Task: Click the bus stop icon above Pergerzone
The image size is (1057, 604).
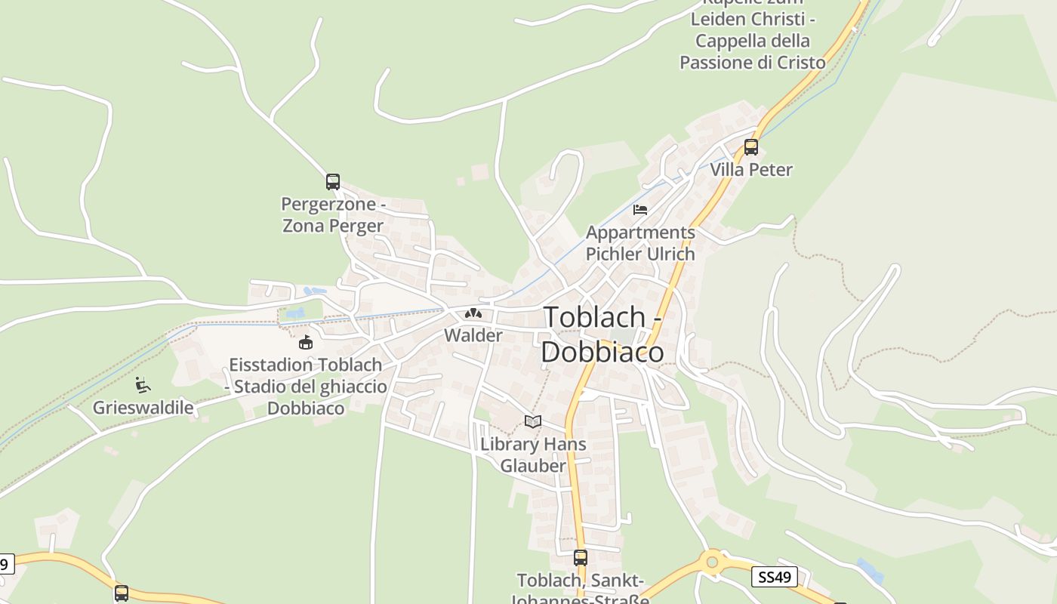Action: pos(333,181)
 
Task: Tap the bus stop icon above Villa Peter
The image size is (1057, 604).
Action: pos(750,146)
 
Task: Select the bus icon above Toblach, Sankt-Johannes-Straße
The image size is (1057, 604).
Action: pos(580,558)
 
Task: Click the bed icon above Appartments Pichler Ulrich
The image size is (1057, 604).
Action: pos(640,210)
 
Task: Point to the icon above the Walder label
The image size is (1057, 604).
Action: pos(473,313)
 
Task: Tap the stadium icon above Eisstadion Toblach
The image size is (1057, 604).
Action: pos(306,343)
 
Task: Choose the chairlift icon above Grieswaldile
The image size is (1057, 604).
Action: pos(142,385)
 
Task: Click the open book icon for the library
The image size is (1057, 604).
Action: pos(533,422)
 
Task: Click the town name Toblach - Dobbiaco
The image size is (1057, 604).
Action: pos(602,334)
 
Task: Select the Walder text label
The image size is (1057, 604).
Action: pos(473,335)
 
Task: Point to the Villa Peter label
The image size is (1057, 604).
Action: pos(751,169)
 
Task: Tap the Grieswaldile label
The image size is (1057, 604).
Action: pos(143,408)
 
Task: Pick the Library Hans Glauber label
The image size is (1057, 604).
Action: pos(533,455)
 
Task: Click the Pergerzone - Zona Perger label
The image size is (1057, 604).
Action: pos(333,214)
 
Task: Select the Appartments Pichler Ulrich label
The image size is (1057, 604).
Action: pos(640,243)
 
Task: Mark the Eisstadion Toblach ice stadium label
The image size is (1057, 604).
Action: pos(306,387)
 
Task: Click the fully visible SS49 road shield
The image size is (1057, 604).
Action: pos(775,578)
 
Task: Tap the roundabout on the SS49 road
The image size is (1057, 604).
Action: pos(710,562)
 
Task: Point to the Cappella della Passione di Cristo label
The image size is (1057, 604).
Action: pos(753,41)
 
